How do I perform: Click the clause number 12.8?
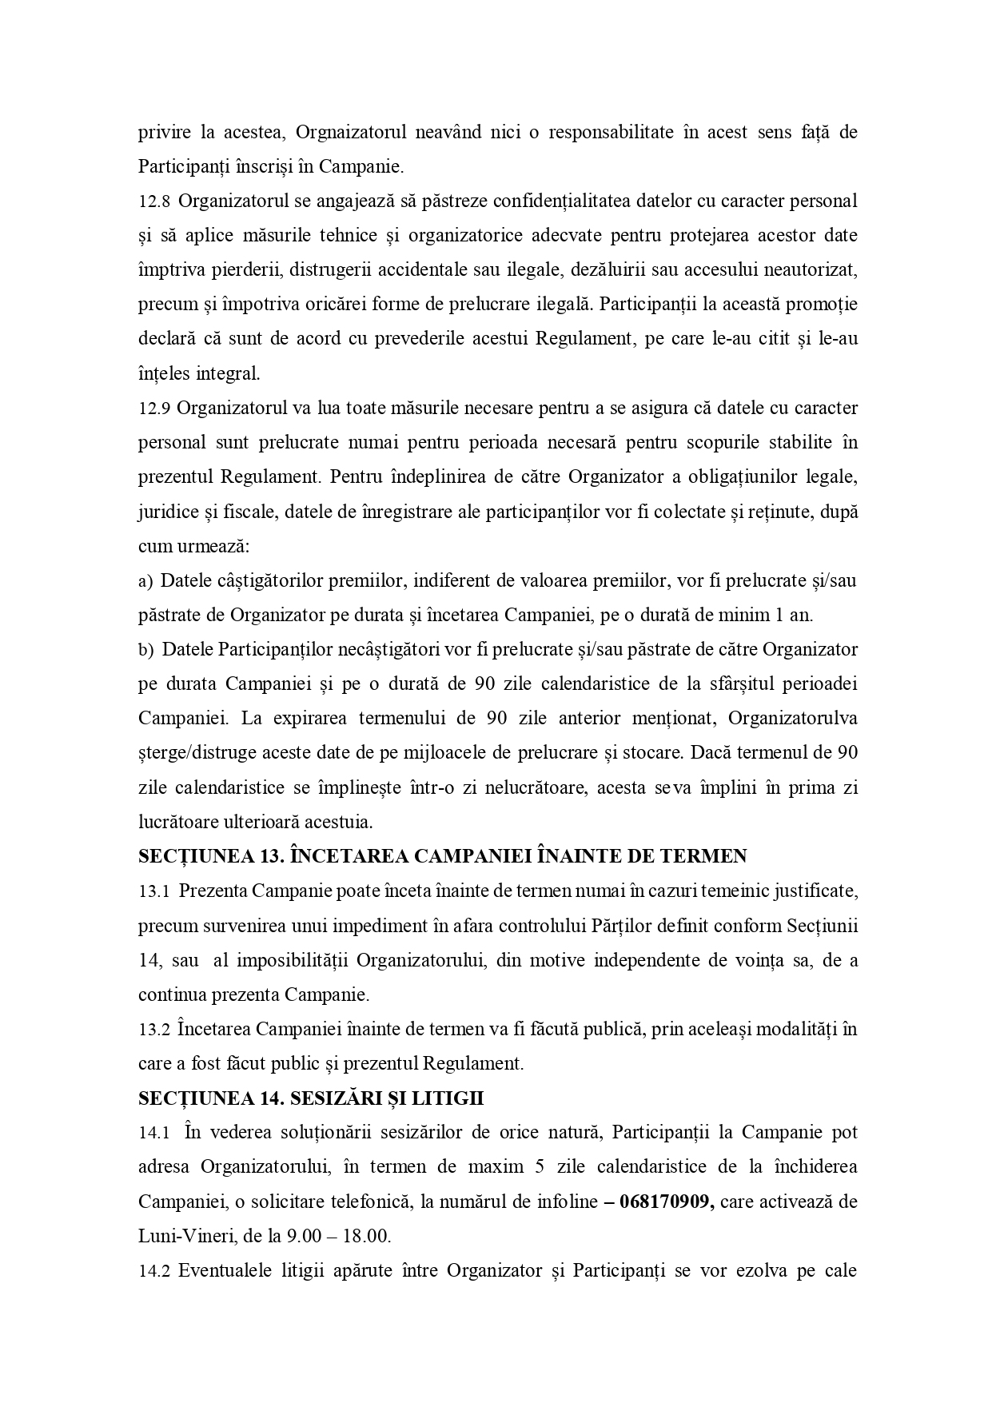153,201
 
